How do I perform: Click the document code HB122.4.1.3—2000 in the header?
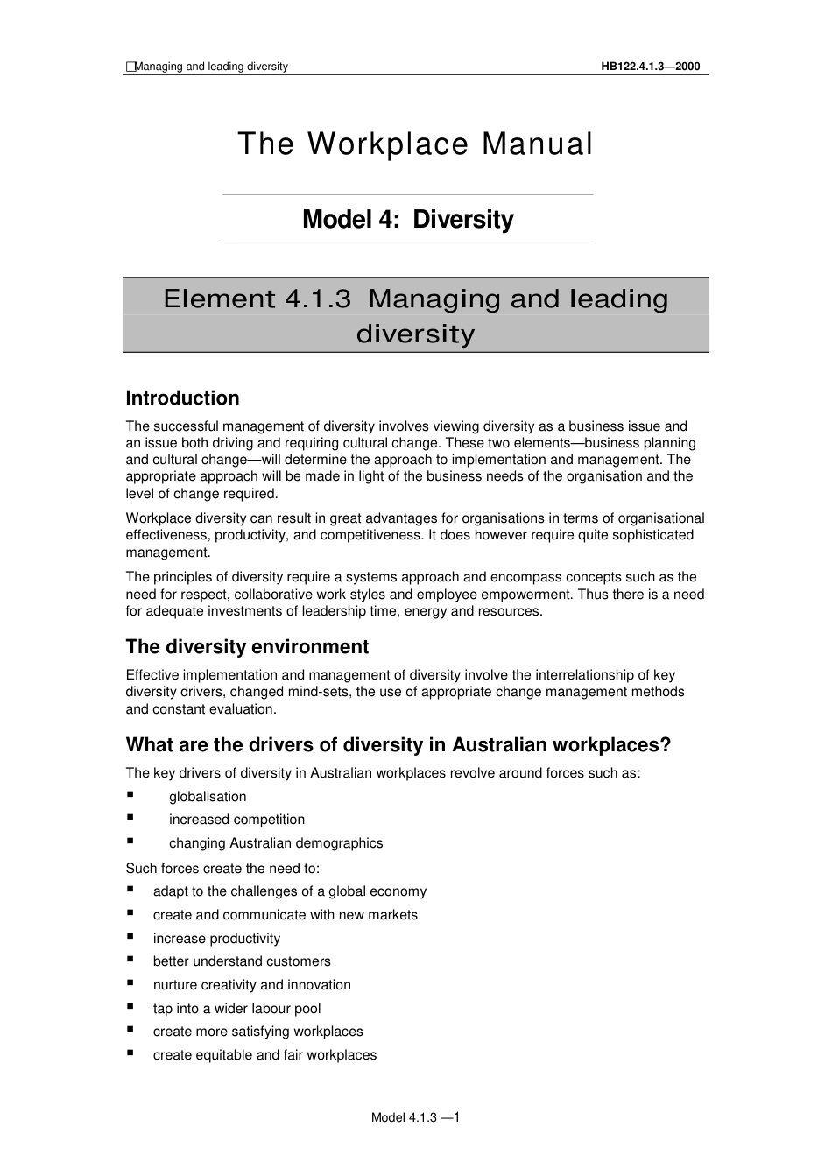point(650,67)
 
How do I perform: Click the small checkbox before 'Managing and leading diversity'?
point(130,67)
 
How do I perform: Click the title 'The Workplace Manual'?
point(415,144)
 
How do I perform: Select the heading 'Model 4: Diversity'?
point(407,219)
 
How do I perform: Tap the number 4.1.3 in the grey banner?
point(318,299)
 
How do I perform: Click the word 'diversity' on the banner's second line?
point(415,334)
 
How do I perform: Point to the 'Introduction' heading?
point(182,398)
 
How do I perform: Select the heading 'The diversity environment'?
point(247,647)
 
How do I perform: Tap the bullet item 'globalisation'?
point(208,797)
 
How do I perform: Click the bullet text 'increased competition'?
point(236,820)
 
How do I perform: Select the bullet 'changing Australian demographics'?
point(276,843)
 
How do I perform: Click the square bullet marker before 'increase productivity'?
point(130,936)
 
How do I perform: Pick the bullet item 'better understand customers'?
point(242,961)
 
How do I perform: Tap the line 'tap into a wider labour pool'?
point(236,1009)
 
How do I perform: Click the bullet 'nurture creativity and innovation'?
point(251,985)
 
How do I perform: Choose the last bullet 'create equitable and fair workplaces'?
point(264,1055)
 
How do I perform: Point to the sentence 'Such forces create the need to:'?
point(222,869)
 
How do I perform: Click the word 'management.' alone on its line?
point(168,553)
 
